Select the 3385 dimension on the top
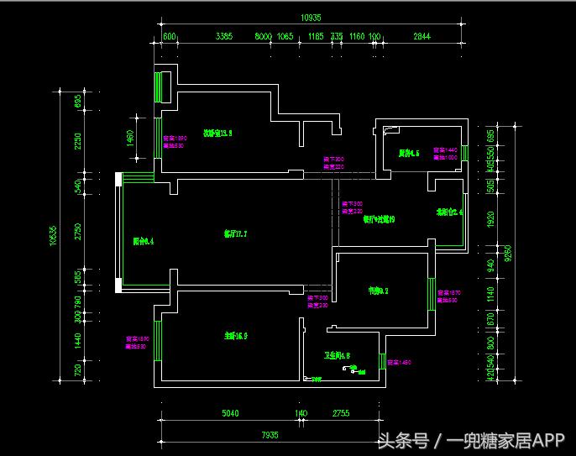pyautogui.click(x=223, y=36)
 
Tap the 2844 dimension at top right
pyautogui.click(x=422, y=36)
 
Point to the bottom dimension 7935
pyautogui.click(x=269, y=434)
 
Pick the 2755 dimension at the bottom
pyautogui.click(x=340, y=413)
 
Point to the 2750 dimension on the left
pyautogui.click(x=78, y=232)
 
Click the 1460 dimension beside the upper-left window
pyautogui.click(x=130, y=138)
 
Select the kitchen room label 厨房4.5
pyautogui.click(x=409, y=153)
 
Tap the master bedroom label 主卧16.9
pyautogui.click(x=235, y=336)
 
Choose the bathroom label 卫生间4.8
pyautogui.click(x=337, y=355)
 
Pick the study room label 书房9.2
pyautogui.click(x=378, y=291)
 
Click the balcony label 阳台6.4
pyautogui.click(x=144, y=241)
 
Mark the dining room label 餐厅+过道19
pyautogui.click(x=379, y=220)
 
